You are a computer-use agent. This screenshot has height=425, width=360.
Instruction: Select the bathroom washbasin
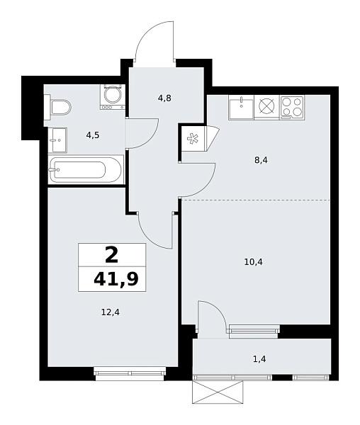tap(57, 139)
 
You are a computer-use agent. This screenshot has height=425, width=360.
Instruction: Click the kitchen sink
tap(241, 107)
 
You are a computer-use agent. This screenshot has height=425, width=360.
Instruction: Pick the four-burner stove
tap(292, 107)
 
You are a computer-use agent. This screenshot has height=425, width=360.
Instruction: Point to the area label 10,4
tap(253, 261)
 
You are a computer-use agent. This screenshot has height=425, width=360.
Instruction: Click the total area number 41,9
tap(115, 279)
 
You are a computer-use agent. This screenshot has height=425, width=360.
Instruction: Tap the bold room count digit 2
tap(111, 254)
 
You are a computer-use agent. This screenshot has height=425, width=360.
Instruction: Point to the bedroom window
tap(130, 373)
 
